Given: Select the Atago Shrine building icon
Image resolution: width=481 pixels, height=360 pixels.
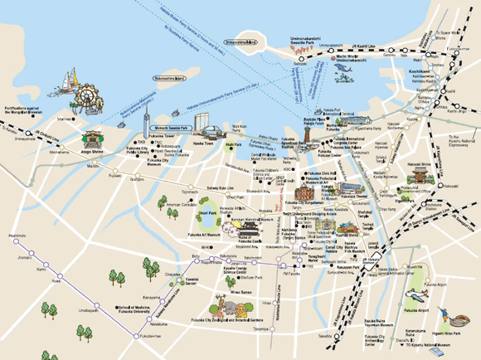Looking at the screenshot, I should [x=92, y=139].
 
